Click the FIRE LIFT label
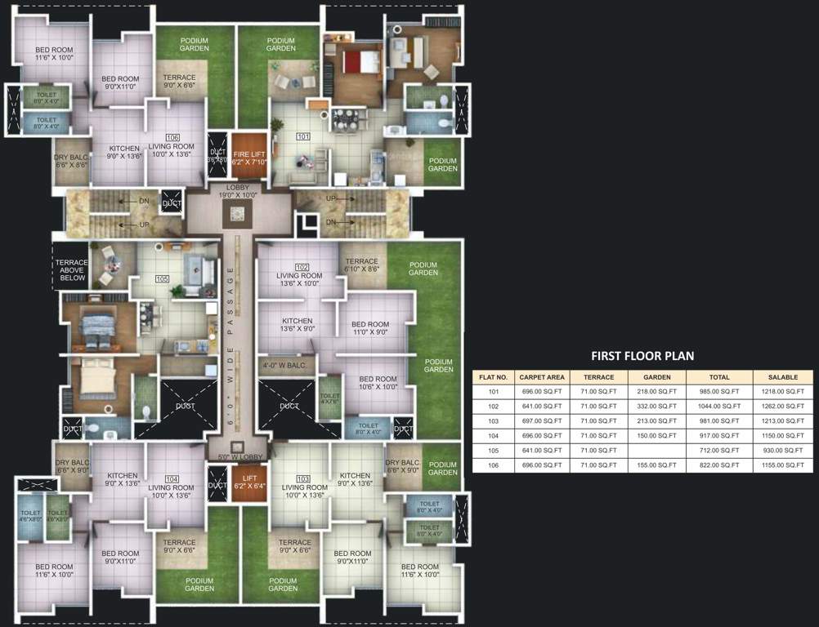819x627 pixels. (249, 158)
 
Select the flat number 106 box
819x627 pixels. (172, 137)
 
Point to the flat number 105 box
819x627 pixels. (162, 278)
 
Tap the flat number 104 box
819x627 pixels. (171, 478)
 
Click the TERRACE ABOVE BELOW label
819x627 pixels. (73, 269)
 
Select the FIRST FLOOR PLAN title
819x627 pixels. (642, 355)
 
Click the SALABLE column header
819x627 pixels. (782, 377)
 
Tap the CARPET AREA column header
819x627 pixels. (542, 377)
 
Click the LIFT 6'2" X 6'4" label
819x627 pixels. (245, 482)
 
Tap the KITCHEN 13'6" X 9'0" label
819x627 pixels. (297, 325)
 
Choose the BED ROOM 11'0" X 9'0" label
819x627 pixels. (369, 328)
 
